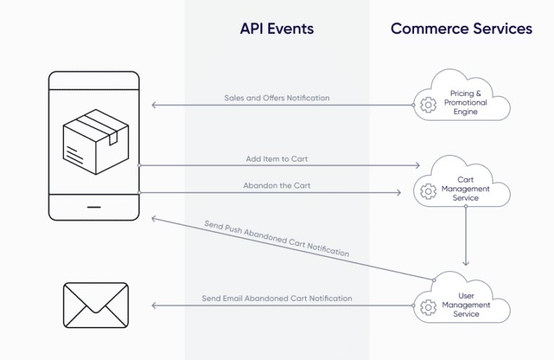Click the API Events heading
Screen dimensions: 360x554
click(277, 29)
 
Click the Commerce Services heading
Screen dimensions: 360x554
click(461, 29)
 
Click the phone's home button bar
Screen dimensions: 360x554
click(94, 206)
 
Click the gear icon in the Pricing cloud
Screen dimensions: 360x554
click(428, 105)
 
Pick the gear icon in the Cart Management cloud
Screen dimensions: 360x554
click(428, 190)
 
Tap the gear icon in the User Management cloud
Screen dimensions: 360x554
click(428, 307)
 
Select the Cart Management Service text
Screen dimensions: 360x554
click(466, 189)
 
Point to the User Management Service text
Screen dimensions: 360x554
click(466, 304)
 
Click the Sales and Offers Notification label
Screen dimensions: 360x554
click(277, 97)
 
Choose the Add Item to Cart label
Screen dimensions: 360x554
click(277, 158)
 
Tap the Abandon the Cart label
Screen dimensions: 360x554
click(277, 185)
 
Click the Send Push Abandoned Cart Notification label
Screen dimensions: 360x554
click(277, 239)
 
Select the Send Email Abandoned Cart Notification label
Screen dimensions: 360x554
click(277, 298)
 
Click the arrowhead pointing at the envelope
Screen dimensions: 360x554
click(155, 306)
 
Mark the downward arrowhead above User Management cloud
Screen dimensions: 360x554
click(466, 263)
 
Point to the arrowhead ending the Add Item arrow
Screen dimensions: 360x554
click(416, 165)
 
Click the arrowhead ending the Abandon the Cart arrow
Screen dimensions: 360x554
click(398, 193)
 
